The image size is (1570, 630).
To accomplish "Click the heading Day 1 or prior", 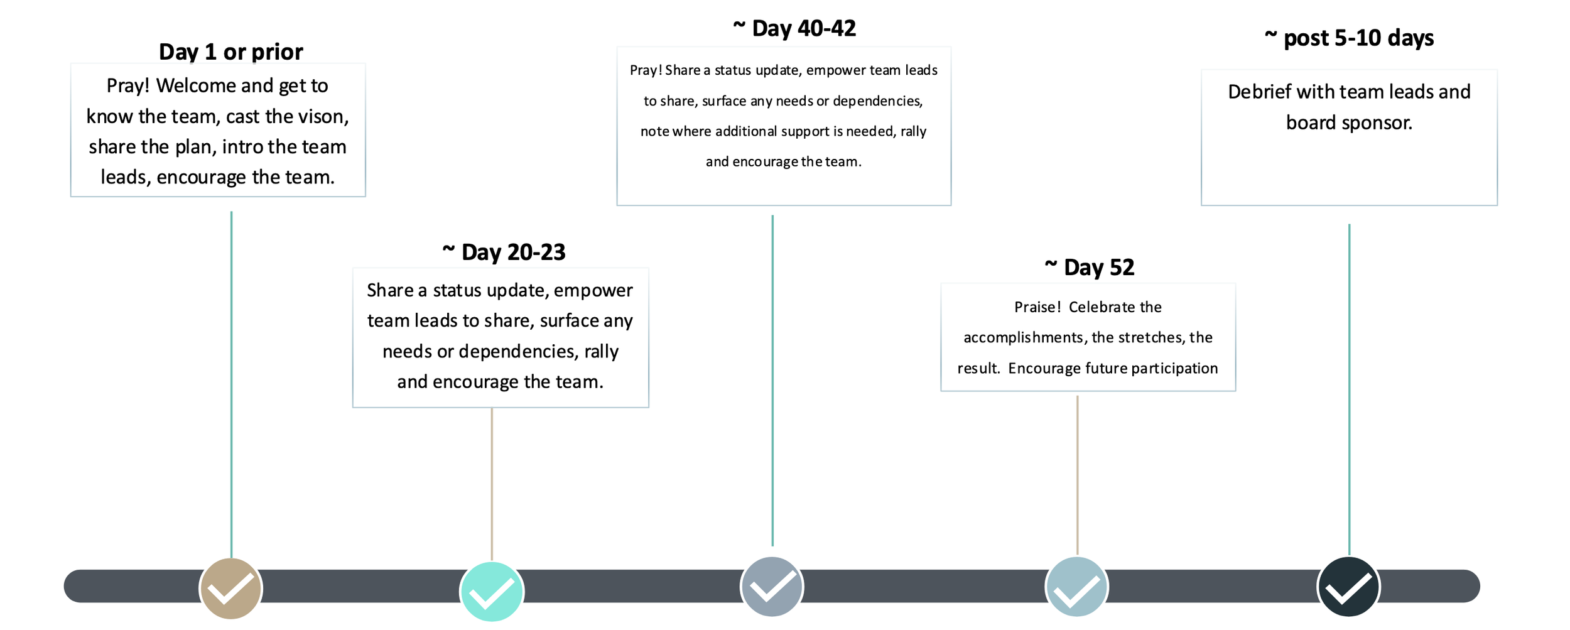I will (x=230, y=52).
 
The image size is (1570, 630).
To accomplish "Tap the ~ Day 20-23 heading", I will (x=504, y=253).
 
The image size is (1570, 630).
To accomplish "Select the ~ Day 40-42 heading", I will (x=794, y=28).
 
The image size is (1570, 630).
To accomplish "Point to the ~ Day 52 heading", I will (x=1089, y=268).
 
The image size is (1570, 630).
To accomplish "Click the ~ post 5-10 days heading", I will (x=1349, y=38).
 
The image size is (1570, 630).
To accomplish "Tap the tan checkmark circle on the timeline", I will (x=230, y=589).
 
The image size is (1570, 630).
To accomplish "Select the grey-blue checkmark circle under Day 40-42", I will (x=772, y=587).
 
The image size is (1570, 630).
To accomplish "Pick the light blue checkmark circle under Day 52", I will (x=1076, y=587).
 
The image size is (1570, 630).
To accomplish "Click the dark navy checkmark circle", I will (x=1348, y=587).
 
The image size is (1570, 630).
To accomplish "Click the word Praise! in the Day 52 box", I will (x=1037, y=307).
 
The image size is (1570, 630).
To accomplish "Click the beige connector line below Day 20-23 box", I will (x=492, y=484).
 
